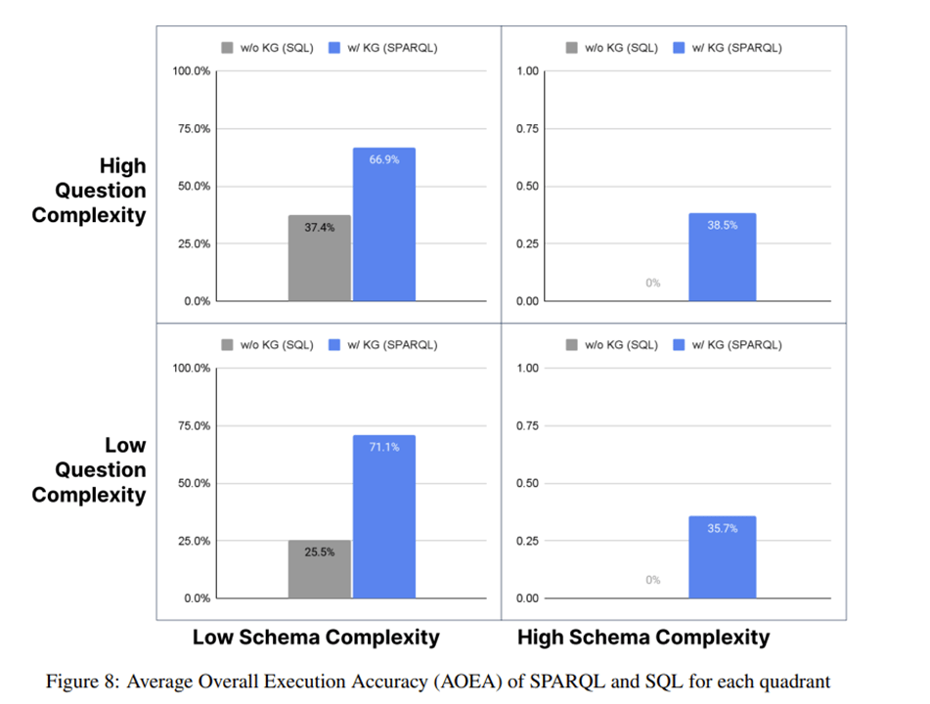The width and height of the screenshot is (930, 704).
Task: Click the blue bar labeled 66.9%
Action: point(383,224)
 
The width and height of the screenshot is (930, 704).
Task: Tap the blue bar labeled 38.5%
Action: point(722,256)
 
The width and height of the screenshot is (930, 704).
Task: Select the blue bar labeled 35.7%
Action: point(722,556)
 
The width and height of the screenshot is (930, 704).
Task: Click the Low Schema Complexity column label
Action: point(316,638)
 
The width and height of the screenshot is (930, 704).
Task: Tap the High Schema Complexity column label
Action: point(642,638)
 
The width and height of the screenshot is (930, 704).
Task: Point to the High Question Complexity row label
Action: point(89,191)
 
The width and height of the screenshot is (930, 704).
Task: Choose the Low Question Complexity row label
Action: point(89,469)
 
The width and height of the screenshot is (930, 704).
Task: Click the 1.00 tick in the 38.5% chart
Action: point(528,71)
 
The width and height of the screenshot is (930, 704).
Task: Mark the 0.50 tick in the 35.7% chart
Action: point(528,483)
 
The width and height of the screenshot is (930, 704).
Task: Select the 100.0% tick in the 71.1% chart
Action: point(189,369)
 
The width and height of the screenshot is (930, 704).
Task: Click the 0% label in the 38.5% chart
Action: point(652,283)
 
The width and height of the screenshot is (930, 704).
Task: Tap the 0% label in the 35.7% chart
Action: point(652,580)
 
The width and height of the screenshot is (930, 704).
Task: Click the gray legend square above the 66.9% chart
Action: point(228,48)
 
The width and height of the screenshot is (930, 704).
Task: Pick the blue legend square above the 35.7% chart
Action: point(680,345)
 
